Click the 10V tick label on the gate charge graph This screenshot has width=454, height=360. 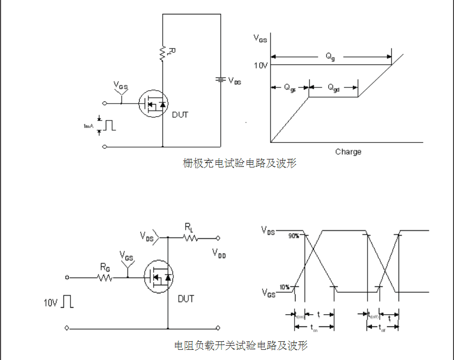pyautogui.click(x=260, y=66)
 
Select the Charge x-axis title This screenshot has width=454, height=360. pyautogui.click(x=348, y=151)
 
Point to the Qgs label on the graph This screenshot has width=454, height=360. pyautogui.click(x=290, y=87)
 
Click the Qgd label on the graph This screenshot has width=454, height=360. pyautogui.click(x=333, y=87)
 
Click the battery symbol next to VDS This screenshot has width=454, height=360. pyautogui.click(x=219, y=80)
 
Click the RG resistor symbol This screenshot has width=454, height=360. pyautogui.click(x=105, y=278)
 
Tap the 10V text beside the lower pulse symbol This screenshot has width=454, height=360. pyautogui.click(x=51, y=302)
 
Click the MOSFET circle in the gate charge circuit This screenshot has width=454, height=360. pyautogui.click(x=153, y=103)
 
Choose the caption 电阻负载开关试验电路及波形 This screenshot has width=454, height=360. pyautogui.click(x=241, y=346)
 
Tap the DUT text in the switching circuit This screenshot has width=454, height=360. pyautogui.click(x=186, y=299)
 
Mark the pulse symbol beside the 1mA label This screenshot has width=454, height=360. pyautogui.click(x=109, y=125)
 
